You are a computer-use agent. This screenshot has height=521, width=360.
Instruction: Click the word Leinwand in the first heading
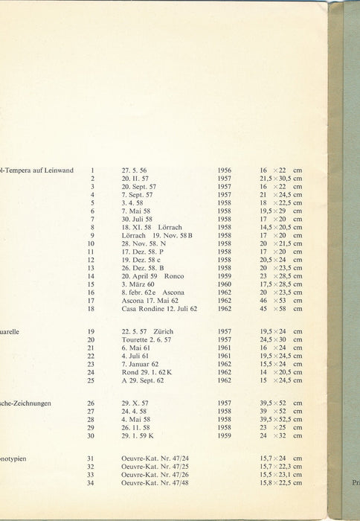pos(59,170)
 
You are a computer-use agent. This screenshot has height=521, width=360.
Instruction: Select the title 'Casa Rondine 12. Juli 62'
pos(159,308)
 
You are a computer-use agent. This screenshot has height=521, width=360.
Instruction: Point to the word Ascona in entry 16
pos(173,292)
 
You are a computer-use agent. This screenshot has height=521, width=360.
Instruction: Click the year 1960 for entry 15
pos(224,284)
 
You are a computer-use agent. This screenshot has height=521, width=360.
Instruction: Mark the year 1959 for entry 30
pos(224,437)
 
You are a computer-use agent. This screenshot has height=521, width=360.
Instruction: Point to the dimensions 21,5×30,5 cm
pos(280,179)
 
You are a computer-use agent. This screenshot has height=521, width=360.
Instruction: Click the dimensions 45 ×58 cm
pos(280,308)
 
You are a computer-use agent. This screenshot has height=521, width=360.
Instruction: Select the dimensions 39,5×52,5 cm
pos(280,421)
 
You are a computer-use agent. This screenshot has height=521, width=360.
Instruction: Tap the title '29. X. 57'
pos(135,404)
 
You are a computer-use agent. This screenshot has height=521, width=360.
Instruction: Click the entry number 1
pos(92,170)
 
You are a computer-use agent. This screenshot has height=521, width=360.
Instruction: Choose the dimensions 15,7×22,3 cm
pos(280,467)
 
